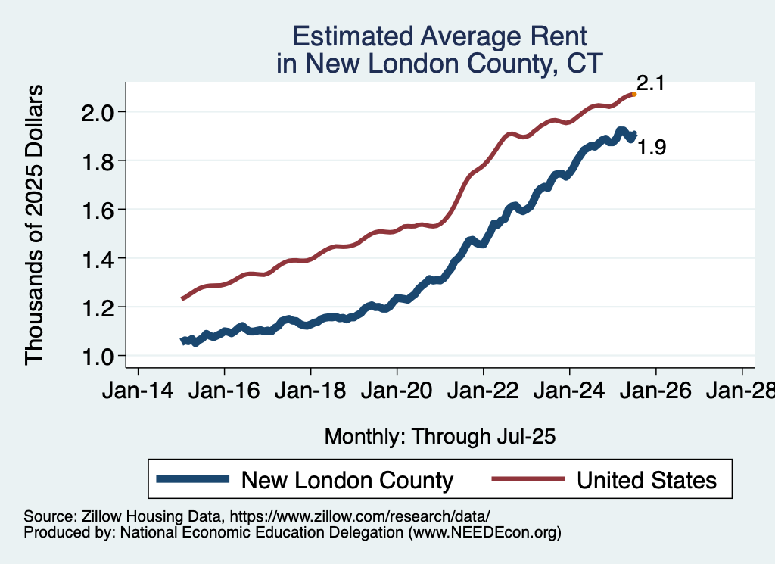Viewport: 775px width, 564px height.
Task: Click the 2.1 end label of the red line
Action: coord(650,83)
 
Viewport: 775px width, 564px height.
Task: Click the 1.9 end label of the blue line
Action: coord(652,148)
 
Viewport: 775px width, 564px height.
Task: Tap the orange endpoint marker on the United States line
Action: coord(634,94)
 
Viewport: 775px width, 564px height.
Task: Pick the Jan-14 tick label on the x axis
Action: coord(138,394)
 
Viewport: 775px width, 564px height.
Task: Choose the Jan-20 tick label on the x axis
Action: coord(397,394)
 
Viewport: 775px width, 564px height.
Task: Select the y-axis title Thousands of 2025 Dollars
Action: coord(36,226)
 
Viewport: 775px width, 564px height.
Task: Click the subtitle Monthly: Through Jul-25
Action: coord(440,437)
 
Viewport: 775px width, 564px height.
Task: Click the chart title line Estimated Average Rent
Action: coord(440,36)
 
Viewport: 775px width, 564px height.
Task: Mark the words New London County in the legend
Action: coord(347,479)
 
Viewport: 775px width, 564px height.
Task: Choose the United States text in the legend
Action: coord(646,479)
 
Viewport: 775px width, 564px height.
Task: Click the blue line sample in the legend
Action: coord(192,478)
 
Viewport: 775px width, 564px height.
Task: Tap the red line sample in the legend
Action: coord(528,478)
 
